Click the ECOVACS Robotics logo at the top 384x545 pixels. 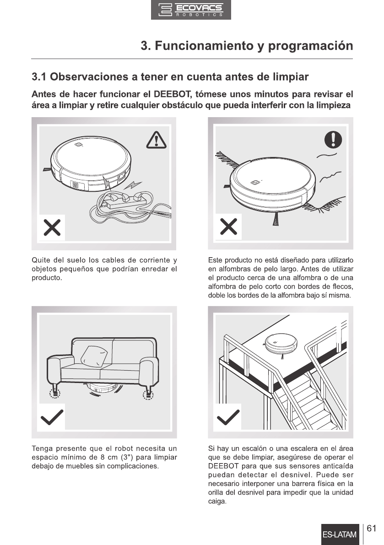coord(191,10)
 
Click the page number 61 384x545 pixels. coord(372,529)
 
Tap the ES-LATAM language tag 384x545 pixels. coord(340,534)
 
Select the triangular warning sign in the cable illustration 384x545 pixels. coord(156,140)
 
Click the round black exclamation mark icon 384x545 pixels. coord(333,140)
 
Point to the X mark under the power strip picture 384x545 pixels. coord(52,228)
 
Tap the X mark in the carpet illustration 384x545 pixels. coord(229,227)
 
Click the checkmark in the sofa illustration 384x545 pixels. coord(52,417)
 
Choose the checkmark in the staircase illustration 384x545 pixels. coord(228,417)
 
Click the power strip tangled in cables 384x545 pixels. coord(124,201)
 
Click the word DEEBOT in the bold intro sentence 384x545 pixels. coord(172,94)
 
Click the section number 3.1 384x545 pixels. coord(39,77)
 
